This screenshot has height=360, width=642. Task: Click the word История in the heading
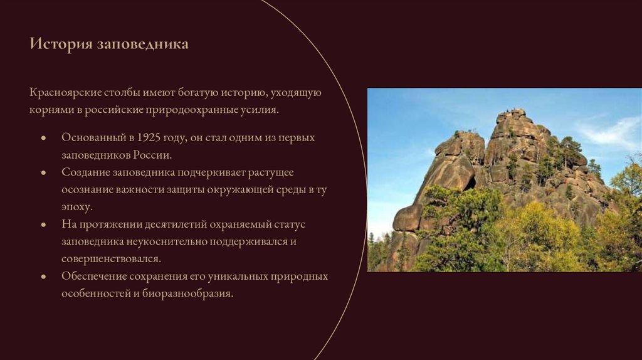click(x=60, y=45)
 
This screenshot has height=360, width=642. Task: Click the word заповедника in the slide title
click(x=142, y=45)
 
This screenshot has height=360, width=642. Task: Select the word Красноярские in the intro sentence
click(x=65, y=93)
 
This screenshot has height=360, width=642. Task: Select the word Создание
click(x=85, y=172)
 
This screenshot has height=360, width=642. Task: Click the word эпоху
click(x=76, y=206)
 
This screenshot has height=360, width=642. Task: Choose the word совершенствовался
click(x=112, y=258)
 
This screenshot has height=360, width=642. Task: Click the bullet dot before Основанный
click(x=43, y=137)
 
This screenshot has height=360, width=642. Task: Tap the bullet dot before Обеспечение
click(x=43, y=277)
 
